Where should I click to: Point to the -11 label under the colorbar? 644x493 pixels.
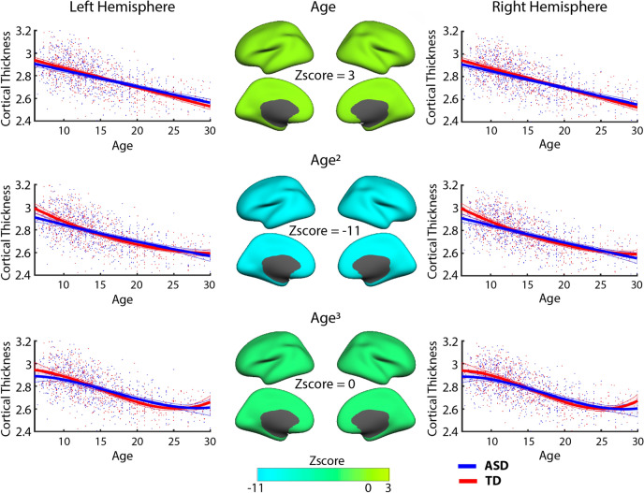click(x=251, y=486)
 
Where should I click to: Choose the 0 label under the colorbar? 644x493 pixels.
click(x=369, y=486)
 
